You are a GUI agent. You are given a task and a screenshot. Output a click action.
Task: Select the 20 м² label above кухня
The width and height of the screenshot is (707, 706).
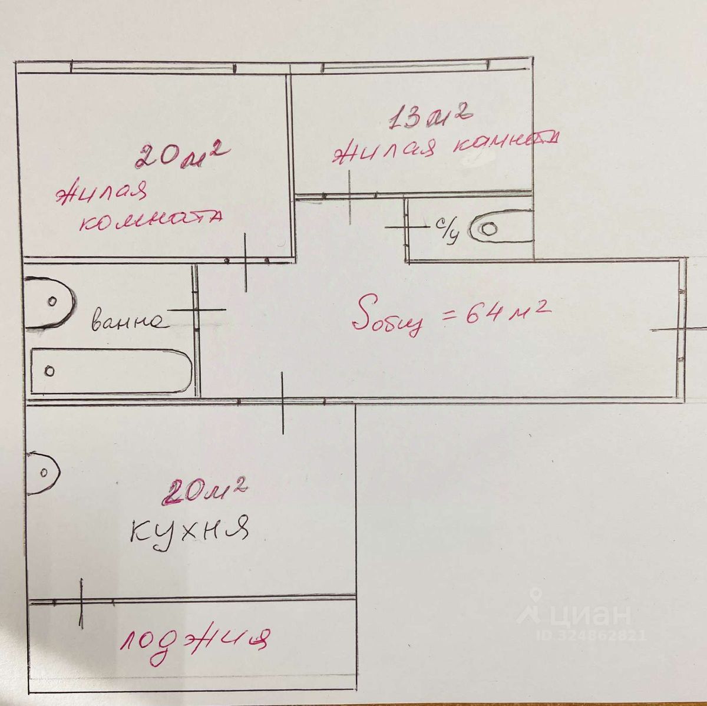pos(206,491)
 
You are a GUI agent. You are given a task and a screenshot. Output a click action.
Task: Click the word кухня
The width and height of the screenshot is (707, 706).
pos(189,530)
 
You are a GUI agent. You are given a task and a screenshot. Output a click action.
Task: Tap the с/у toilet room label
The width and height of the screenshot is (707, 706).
pos(447,230)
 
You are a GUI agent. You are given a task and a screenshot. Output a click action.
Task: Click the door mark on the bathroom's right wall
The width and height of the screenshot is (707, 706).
pos(197,309)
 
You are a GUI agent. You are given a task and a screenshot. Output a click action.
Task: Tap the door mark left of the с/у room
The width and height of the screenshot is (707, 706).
pos(407,225)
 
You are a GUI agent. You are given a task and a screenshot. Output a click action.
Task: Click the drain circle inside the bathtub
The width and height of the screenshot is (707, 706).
pos(50,371)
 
